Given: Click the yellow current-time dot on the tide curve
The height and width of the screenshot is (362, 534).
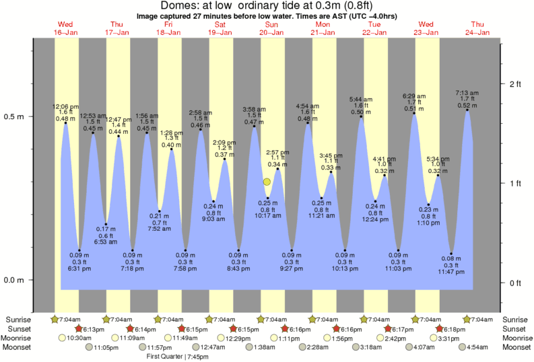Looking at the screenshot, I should click(x=267, y=182).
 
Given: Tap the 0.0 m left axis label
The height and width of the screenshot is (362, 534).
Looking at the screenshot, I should click(x=15, y=280).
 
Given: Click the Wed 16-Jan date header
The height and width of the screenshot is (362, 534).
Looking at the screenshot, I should click(x=65, y=28).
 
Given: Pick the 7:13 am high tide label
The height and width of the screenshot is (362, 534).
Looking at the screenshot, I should click(x=467, y=92).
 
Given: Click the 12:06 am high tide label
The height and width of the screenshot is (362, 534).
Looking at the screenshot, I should click(x=65, y=106).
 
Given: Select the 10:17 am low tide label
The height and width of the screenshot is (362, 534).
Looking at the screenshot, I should click(x=267, y=215).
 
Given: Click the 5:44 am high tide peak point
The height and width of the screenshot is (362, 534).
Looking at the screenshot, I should click(x=361, y=116).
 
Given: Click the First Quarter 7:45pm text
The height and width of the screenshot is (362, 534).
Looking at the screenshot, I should click(x=177, y=357).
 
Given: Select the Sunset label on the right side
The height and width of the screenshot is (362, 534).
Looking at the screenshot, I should click(x=516, y=328).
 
